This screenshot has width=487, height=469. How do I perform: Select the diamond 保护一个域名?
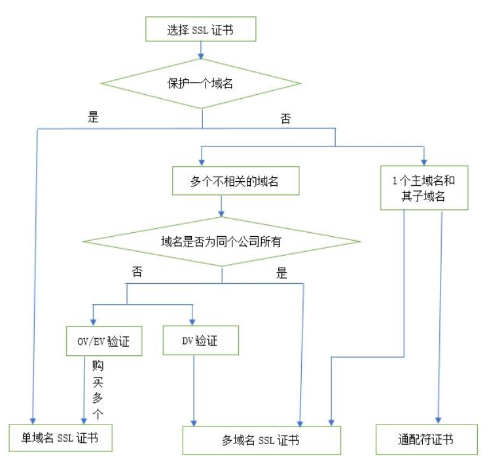pos(200,84)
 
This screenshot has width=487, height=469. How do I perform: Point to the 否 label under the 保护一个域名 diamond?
pos(285,119)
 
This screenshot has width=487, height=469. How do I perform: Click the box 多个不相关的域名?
pos(235,181)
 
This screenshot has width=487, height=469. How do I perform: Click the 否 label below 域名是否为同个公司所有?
pos(137,272)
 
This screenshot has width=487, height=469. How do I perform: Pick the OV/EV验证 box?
pos(104,341)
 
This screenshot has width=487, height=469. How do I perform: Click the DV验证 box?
pos(200,341)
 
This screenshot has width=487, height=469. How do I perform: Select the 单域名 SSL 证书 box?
pos(60,437)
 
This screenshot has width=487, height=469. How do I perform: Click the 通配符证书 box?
pos(425,438)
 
